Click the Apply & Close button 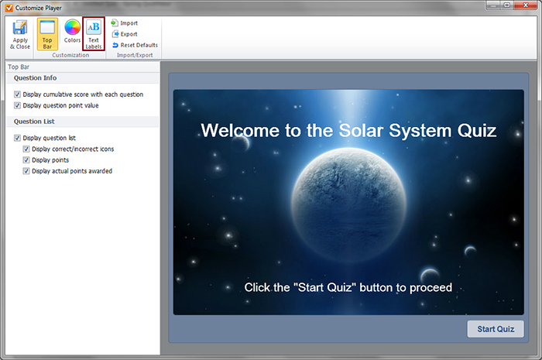(20, 35)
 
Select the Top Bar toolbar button (47, 35)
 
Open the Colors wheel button (72, 32)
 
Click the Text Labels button (94, 34)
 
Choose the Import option (125, 23)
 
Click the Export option (125, 34)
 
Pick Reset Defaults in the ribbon (135, 45)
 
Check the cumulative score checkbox (17, 94)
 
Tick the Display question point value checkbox (17, 105)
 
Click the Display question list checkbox (17, 138)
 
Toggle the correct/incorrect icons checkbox (26, 149)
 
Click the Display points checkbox (26, 160)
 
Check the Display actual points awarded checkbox (26, 171)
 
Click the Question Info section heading (36, 78)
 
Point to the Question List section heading (34, 122)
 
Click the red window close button (526, 5)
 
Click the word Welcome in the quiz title (240, 131)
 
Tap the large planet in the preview (348, 205)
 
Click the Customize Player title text (39, 8)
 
